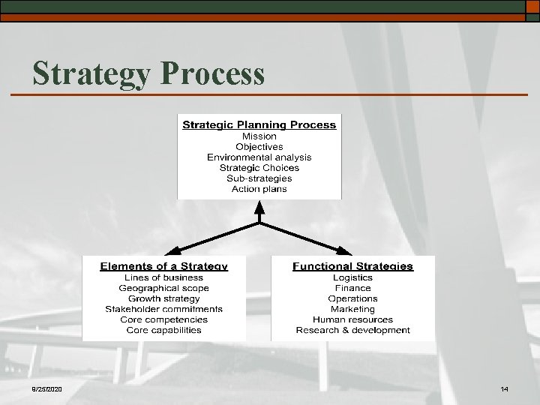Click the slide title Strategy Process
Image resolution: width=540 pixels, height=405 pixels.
[x=148, y=74]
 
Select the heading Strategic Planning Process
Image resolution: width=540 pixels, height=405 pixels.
[x=259, y=125]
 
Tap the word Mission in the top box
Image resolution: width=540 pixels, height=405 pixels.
[x=259, y=136]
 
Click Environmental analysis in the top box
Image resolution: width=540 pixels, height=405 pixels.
[x=259, y=157]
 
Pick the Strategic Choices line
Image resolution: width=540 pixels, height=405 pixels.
[x=259, y=168]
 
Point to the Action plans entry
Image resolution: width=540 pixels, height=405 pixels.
[x=259, y=189]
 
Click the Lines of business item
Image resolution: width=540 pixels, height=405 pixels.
[x=163, y=277]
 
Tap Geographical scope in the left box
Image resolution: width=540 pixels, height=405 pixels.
[x=163, y=288]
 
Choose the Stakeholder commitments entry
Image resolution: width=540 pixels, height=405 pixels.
[x=163, y=309]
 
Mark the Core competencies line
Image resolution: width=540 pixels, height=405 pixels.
[x=163, y=319]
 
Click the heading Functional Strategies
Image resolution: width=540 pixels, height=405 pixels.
[x=352, y=266]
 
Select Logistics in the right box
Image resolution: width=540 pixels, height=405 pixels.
[x=352, y=277]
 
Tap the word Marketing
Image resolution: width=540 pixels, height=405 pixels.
[x=352, y=309]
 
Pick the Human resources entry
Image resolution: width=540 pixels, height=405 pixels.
[x=352, y=319]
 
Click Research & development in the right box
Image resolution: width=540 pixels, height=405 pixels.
[x=352, y=330]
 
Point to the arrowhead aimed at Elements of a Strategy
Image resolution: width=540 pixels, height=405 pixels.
[x=170, y=251]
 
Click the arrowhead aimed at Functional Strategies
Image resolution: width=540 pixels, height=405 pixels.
[x=347, y=251]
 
